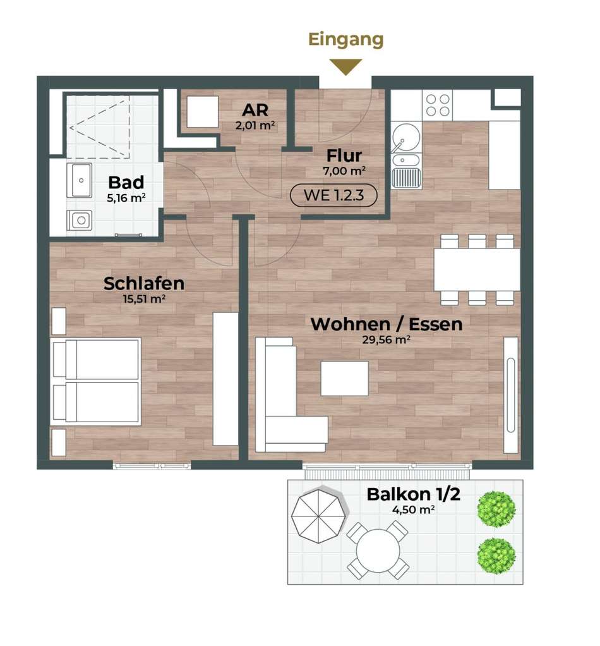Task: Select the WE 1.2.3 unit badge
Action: pos(333,195)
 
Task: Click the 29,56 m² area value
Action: pos(386,340)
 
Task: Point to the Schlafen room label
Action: pos(144,283)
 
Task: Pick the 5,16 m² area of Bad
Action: pos(126,198)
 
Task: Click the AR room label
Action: pos(255,110)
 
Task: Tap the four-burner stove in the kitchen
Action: pos(438,105)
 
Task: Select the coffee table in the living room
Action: pos(345,378)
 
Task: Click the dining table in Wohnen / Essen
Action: pos(477,269)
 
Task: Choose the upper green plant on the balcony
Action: pos(496,509)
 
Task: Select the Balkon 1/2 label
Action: pos(413,494)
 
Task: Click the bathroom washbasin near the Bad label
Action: pos(80,180)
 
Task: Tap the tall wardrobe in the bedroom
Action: pos(225,379)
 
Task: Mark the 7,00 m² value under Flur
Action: pos(344,171)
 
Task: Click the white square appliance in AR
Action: pos(203,112)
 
